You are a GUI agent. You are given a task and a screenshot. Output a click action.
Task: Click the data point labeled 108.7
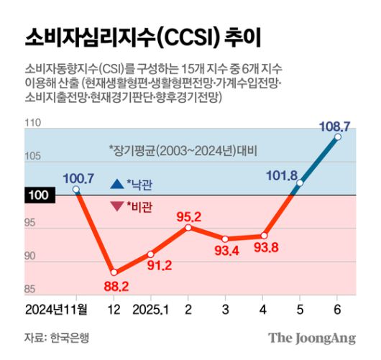[x=338, y=137]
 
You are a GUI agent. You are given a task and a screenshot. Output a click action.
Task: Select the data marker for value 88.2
[x=113, y=272]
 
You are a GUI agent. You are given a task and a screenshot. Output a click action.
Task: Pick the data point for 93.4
[x=225, y=239]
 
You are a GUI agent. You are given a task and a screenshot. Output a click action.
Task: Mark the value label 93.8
[x=263, y=249]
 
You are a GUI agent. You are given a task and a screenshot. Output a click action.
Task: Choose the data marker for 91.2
[x=150, y=254]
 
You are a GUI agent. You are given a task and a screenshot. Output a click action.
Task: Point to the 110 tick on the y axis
[x=32, y=124]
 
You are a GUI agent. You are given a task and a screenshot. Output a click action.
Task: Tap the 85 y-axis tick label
[x=32, y=290]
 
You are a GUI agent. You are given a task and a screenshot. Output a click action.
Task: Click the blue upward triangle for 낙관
[x=116, y=185]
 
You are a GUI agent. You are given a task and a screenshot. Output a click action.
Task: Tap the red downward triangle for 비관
[x=116, y=207]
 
